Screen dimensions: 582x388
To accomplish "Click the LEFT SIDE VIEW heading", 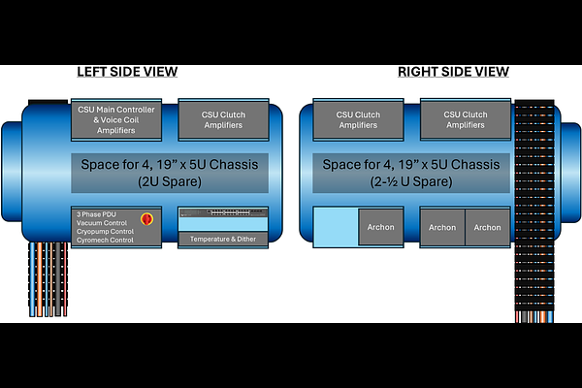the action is tap(127, 72).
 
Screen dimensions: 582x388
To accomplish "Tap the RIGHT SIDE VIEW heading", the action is tap(453, 72).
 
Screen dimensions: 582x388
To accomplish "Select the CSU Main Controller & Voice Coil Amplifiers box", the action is tap(116, 119).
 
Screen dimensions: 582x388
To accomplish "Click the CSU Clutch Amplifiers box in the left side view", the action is tap(223, 119).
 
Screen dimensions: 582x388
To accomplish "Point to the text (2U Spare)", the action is tap(170, 181).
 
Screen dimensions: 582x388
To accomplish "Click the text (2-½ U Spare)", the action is tap(411, 181).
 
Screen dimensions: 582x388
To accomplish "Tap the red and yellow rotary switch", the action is tap(147, 219).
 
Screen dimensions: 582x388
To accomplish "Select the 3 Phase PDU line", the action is tap(96, 214).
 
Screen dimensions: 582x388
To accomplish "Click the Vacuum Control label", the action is tap(102, 223).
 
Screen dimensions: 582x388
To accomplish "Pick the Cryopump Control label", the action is tap(105, 231).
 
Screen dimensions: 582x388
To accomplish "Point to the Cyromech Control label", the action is tap(105, 240).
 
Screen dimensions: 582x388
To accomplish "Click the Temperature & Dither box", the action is tap(223, 240).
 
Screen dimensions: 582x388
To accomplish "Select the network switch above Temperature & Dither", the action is tap(223, 212).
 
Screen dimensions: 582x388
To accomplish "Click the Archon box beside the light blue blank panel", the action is tap(381, 227).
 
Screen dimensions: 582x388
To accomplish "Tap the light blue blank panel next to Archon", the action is tap(336, 227).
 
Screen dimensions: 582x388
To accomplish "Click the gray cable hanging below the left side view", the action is tap(57, 278).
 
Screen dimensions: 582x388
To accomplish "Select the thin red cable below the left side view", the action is tap(65, 278).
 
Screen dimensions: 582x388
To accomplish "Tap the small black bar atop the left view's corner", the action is tap(48, 101).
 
